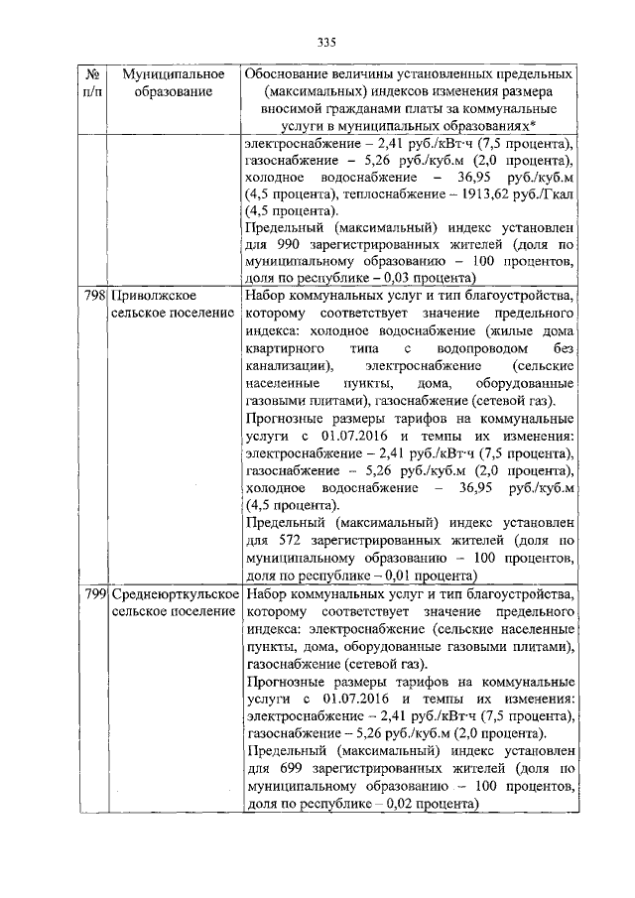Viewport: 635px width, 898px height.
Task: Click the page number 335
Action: tap(326, 42)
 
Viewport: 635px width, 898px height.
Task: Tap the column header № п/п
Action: tap(91, 82)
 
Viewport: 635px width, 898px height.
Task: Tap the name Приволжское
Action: tap(151, 296)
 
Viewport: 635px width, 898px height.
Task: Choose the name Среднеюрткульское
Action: tap(175, 593)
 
